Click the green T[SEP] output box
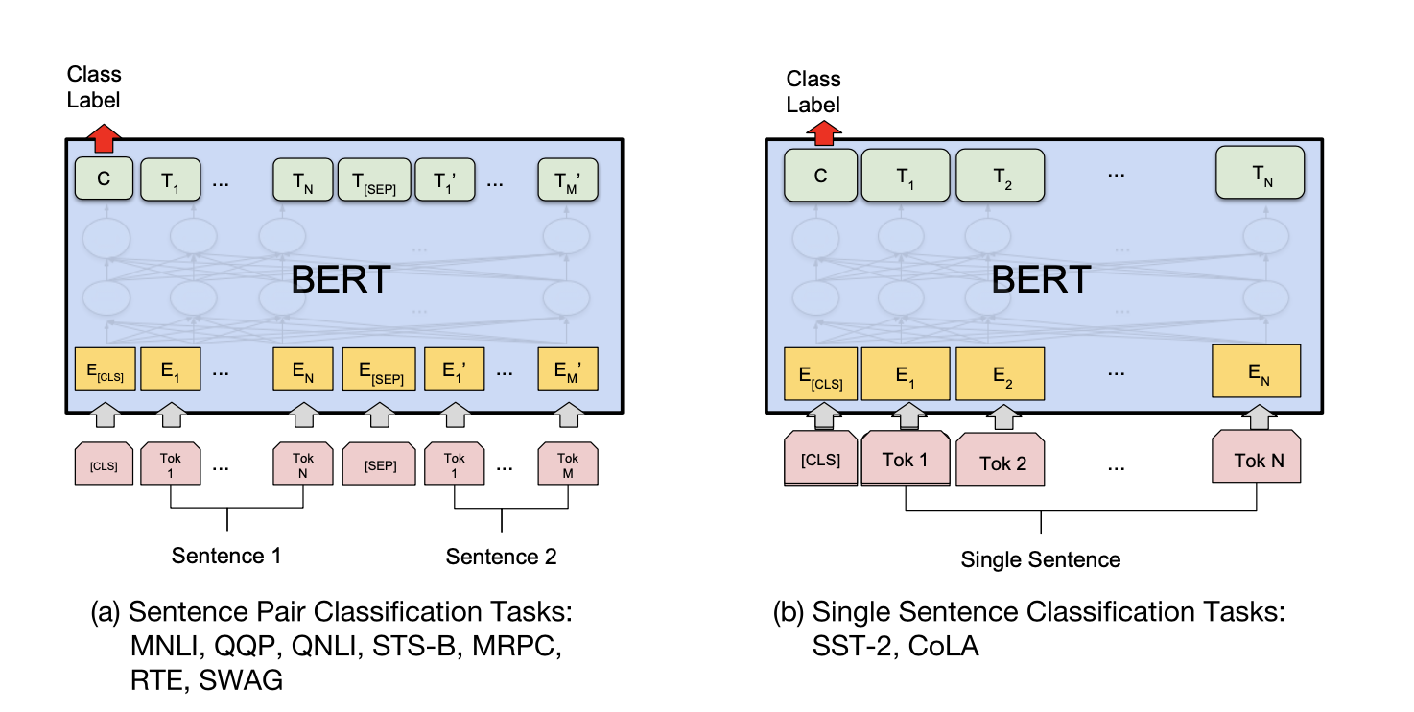coord(374,179)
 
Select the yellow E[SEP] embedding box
coord(379,368)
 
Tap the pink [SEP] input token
coord(379,463)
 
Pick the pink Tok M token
coord(567,463)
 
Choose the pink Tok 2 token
coord(1002,463)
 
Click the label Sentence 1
coord(226,556)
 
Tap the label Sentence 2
coord(501,557)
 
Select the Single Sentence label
coord(1040,558)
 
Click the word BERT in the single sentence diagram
coord(1040,279)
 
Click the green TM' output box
coord(567,179)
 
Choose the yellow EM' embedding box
coord(567,368)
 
